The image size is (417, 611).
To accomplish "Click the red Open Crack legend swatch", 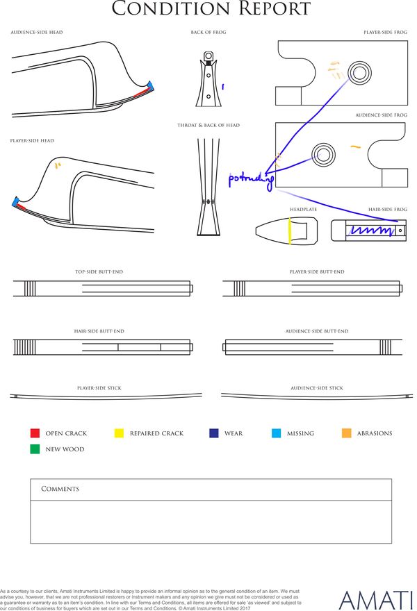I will [35, 433].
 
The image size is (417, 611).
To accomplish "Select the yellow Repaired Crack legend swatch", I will [119, 433].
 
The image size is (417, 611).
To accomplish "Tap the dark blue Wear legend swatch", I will [214, 433].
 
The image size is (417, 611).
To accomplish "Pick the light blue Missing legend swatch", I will [277, 433].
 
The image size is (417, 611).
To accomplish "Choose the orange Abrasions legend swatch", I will [347, 433].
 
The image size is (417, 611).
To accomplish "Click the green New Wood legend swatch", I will [35, 449].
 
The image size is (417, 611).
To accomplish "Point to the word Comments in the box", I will [60, 489].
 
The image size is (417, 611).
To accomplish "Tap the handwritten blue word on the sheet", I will [251, 179].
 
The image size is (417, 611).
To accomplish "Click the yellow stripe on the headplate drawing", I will [289, 231].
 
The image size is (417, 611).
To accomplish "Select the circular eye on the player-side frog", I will [359, 72].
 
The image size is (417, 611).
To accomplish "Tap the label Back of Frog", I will [208, 33].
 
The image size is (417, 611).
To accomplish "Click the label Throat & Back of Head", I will [208, 126].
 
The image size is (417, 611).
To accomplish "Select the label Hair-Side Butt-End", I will [99, 332].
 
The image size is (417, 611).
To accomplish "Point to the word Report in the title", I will [268, 9].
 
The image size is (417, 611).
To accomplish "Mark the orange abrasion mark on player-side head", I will [57, 165].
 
